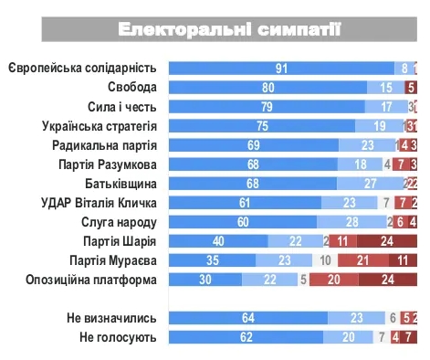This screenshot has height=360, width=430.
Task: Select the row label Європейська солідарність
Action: (x=82, y=69)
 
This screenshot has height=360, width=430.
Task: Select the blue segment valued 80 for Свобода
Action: (x=268, y=88)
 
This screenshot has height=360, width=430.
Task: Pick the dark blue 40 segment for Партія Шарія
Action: (x=219, y=241)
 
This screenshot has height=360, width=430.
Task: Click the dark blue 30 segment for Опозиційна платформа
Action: (x=207, y=280)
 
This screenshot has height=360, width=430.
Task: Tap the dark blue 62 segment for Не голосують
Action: (x=246, y=337)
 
